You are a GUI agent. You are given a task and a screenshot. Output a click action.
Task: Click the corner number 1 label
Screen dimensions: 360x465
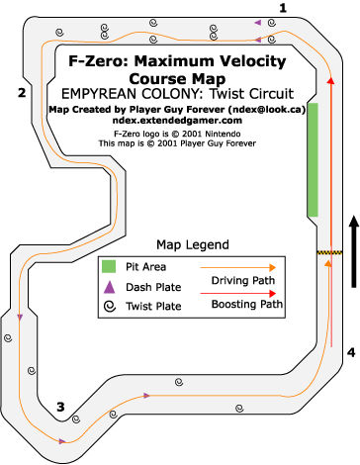click(283, 8)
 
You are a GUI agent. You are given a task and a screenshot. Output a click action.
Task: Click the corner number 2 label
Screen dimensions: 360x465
click(22, 93)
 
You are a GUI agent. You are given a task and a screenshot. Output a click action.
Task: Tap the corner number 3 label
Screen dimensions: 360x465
click(60, 407)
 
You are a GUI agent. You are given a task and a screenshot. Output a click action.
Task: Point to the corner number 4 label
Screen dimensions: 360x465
click(351, 352)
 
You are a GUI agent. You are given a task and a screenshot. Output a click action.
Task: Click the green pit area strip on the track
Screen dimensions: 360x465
click(313, 159)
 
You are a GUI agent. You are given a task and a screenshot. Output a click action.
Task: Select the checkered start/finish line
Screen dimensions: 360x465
click(330, 252)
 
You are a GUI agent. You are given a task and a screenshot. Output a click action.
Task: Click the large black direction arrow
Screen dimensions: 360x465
click(354, 251)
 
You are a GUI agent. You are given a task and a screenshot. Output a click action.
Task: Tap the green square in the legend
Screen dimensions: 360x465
click(109, 266)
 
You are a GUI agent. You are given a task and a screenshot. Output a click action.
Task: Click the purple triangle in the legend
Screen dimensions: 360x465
click(109, 287)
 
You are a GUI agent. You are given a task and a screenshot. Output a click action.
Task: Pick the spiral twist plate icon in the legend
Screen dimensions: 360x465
click(110, 307)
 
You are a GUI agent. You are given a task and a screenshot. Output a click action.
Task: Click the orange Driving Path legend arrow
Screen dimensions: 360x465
click(238, 267)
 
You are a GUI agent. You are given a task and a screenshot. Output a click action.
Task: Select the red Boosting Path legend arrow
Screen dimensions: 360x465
click(238, 293)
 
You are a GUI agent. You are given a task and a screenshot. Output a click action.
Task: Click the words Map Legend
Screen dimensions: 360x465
click(193, 245)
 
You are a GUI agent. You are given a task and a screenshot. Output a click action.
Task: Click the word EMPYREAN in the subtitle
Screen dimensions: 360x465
click(100, 94)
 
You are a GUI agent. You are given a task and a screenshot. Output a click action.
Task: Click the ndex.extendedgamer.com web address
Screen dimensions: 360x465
click(177, 121)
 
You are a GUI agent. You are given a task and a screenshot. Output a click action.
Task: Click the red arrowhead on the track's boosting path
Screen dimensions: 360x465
click(331, 80)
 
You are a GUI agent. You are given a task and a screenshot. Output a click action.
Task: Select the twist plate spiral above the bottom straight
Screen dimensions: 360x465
click(179, 382)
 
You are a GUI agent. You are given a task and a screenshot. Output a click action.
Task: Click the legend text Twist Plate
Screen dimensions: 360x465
click(153, 307)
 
